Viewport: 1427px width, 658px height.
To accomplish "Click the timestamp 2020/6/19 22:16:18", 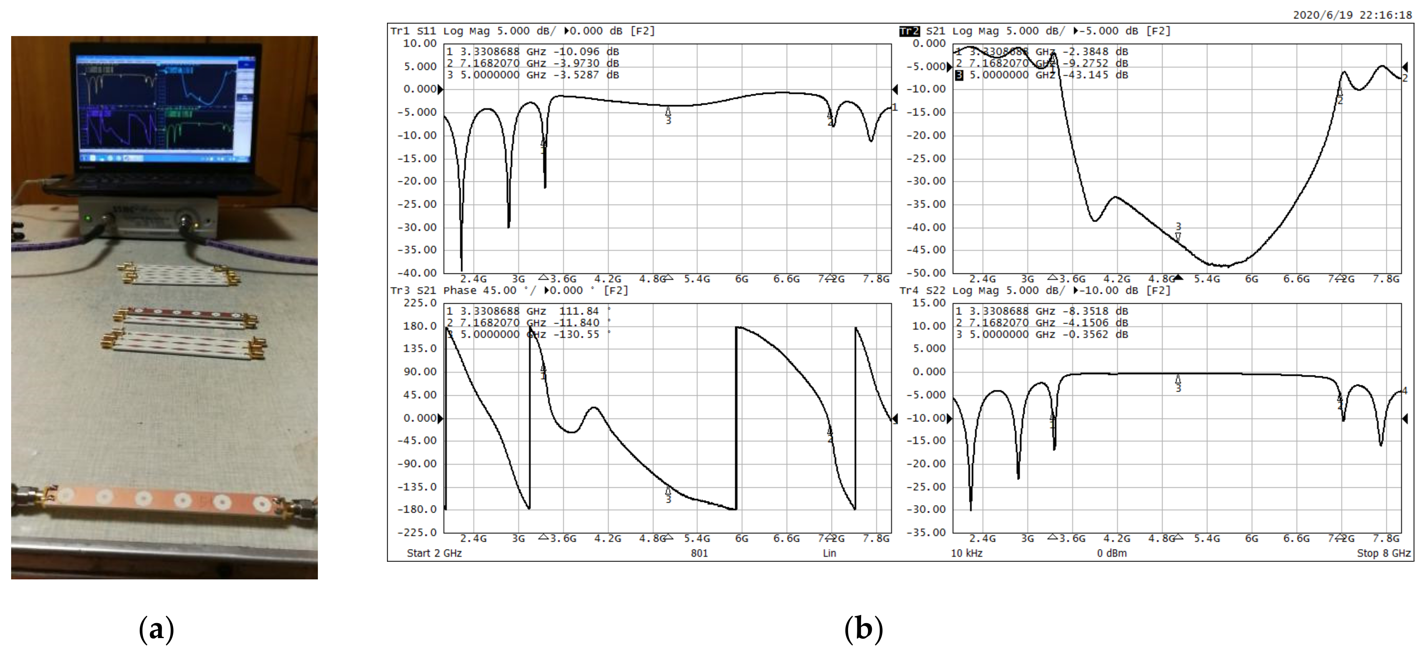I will click(x=1352, y=15).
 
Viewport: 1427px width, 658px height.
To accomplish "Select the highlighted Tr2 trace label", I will click(x=909, y=31).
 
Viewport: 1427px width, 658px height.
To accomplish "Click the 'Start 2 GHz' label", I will click(x=434, y=553).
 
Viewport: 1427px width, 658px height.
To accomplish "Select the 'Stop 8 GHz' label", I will click(x=1383, y=553).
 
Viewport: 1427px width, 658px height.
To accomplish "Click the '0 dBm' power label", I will click(x=1111, y=553).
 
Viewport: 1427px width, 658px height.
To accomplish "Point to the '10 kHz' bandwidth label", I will click(x=967, y=553).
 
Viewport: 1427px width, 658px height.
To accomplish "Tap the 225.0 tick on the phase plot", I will click(x=420, y=303).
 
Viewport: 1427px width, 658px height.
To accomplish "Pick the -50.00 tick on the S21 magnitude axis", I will click(x=926, y=273).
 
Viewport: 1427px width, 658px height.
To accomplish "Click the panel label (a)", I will click(x=157, y=629).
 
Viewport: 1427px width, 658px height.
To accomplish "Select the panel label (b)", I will click(x=863, y=629).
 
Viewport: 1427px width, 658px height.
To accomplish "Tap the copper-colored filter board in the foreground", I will click(x=164, y=500).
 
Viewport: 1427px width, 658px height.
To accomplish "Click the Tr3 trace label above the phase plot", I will click(x=400, y=291).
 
